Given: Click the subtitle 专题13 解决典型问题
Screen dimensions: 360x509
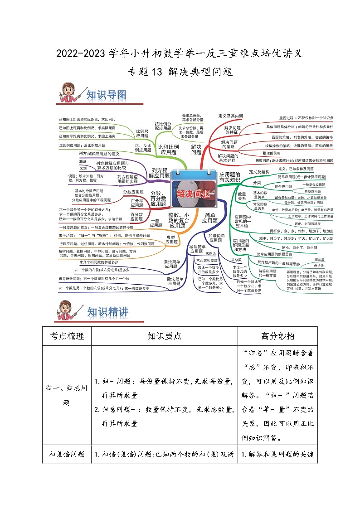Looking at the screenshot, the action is (180, 71).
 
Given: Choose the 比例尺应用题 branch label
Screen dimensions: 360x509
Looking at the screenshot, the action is (142, 133).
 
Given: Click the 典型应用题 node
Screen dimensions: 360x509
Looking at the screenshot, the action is (171, 240).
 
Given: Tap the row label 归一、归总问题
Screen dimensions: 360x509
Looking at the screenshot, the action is (67, 395).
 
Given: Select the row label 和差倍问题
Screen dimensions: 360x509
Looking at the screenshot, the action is (67, 454).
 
